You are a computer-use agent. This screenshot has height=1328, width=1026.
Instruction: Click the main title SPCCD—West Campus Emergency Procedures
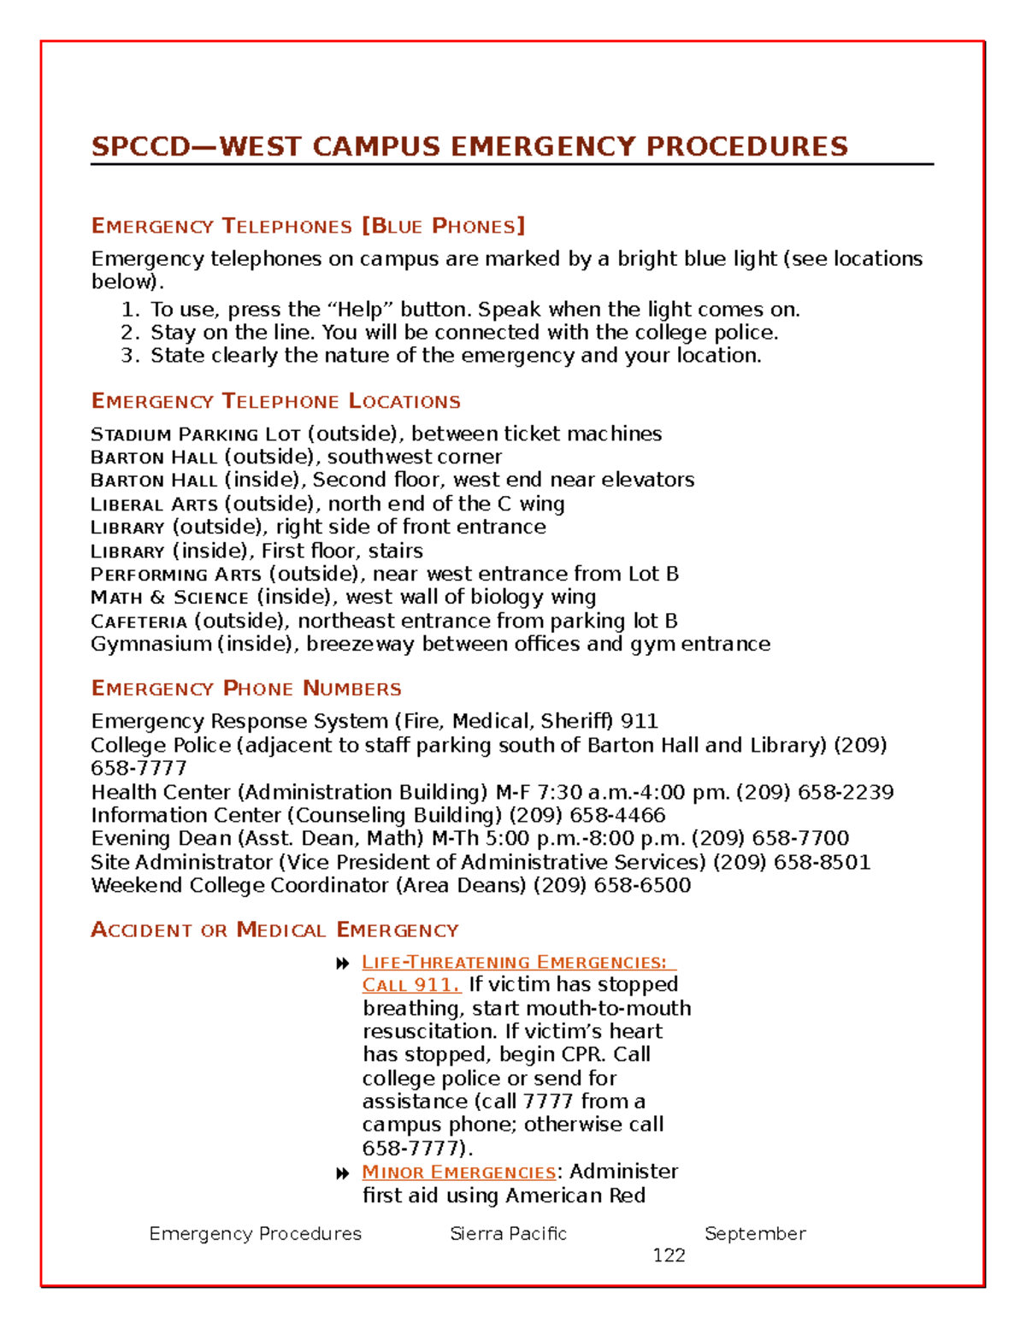(469, 146)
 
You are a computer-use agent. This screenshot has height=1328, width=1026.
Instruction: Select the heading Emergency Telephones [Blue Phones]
(308, 227)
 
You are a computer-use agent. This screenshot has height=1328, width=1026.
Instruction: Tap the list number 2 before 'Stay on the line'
(128, 333)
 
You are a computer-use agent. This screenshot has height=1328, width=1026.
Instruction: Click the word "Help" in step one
(360, 310)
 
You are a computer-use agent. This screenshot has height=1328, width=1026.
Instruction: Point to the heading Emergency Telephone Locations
(275, 402)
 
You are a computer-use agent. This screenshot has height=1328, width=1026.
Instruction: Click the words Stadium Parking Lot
(195, 434)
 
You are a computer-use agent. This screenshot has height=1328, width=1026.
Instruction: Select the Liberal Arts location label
(154, 505)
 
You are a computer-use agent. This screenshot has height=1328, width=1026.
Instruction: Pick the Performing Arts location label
(175, 574)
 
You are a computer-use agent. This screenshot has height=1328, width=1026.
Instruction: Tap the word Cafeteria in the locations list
(139, 622)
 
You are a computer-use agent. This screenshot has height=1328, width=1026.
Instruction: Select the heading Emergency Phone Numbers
(246, 689)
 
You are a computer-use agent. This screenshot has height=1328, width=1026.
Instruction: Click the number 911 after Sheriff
(639, 722)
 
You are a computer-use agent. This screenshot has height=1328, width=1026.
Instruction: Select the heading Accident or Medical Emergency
(274, 930)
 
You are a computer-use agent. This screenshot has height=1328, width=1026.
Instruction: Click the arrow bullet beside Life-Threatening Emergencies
(343, 964)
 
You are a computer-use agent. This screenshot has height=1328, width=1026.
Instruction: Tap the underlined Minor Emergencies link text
(458, 1172)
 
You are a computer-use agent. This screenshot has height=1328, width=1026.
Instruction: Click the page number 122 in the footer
(669, 1255)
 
